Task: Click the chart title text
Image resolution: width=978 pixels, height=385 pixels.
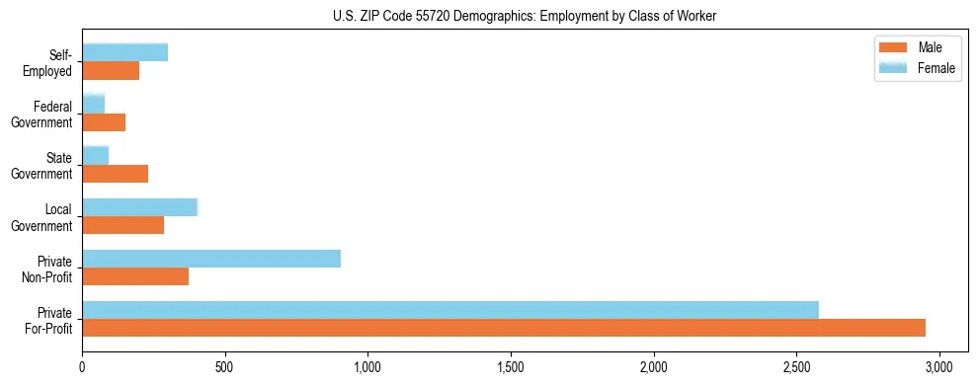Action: pos(488,17)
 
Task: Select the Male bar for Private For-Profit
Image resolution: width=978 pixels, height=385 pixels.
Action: pos(504,328)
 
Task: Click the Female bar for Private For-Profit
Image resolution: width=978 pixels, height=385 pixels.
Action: pos(450,309)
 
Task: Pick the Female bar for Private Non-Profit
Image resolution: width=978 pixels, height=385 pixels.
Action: pos(211,258)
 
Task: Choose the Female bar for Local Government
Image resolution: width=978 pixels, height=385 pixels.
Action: pos(140,206)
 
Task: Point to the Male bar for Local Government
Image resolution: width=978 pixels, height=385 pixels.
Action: pos(123,225)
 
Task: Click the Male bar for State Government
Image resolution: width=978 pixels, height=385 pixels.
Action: pos(116,174)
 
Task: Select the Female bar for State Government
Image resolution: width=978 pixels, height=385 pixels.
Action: pos(96,155)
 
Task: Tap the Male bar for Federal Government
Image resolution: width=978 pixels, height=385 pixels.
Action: pos(104,122)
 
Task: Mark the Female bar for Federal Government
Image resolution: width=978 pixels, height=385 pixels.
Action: pos(94,104)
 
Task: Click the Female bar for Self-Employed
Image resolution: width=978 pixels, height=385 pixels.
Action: pos(125,52)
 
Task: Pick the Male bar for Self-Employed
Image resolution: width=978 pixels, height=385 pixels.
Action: pos(111,71)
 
